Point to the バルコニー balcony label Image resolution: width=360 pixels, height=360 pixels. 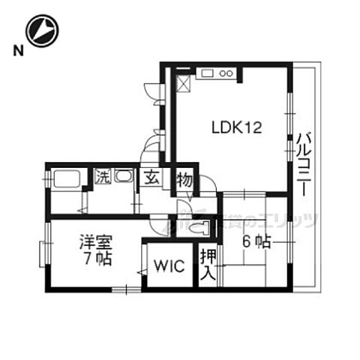tap(303, 164)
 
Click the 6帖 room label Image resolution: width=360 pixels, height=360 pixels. tap(255, 241)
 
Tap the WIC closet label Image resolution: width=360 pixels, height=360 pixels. tap(168, 266)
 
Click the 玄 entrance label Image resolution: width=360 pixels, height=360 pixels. tap(151, 179)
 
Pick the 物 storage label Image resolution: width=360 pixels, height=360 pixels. tap(183, 179)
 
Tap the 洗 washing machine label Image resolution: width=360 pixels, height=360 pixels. tap(102, 178)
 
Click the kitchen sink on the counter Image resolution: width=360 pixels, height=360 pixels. tap(207, 73)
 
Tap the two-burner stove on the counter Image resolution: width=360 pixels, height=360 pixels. tap(227, 73)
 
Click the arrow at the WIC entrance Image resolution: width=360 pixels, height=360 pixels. tap(140, 271)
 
